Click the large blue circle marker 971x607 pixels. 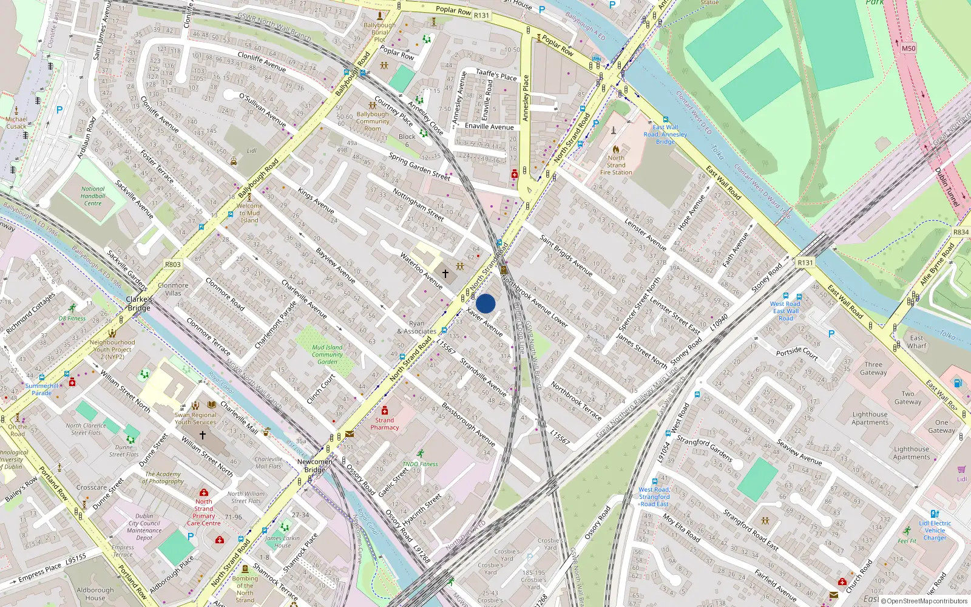pyautogui.click(x=486, y=303)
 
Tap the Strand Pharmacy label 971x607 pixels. pyautogui.click(x=385, y=424)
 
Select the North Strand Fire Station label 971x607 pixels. pyautogui.click(x=616, y=165)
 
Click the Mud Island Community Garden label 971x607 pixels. pyautogui.click(x=327, y=354)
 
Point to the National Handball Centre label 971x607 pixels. pyautogui.click(x=93, y=196)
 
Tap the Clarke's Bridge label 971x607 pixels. pyautogui.click(x=139, y=303)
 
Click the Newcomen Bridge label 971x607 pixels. pyautogui.click(x=315, y=466)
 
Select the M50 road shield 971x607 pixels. pyautogui.click(x=908, y=49)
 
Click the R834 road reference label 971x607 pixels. pyautogui.click(x=961, y=232)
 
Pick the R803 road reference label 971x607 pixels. pyautogui.click(x=173, y=265)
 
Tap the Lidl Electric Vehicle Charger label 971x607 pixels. pyautogui.click(x=935, y=531)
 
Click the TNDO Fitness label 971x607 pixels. pyautogui.click(x=420, y=464)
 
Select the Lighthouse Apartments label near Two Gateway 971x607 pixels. pyautogui.click(x=870, y=418)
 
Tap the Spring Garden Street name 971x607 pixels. pyautogui.click(x=419, y=167)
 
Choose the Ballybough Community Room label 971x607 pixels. pyautogui.click(x=373, y=121)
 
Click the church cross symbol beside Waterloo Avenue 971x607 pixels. pyautogui.click(x=445, y=274)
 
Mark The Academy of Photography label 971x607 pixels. pyautogui.click(x=163, y=478)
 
